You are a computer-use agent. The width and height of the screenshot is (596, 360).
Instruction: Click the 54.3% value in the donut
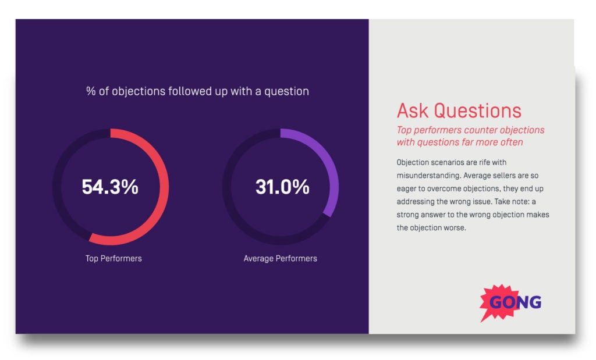click(110, 187)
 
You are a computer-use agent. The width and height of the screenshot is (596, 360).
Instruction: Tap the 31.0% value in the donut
click(282, 187)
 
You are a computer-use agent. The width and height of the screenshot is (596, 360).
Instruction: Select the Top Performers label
click(113, 258)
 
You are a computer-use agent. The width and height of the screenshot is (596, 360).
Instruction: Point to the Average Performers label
click(280, 258)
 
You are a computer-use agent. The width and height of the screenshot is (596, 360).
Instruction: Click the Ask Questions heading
click(459, 111)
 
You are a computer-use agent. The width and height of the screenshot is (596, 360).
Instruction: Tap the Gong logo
click(512, 302)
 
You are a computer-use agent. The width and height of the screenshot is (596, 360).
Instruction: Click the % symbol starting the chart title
click(90, 91)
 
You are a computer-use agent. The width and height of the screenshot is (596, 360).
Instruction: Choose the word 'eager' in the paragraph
click(407, 188)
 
